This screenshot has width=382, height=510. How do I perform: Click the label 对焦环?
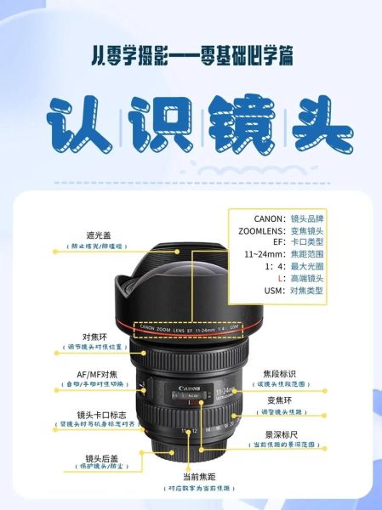(94, 337)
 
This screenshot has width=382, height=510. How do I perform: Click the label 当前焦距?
(199, 477)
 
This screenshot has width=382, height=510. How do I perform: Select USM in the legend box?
(271, 290)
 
